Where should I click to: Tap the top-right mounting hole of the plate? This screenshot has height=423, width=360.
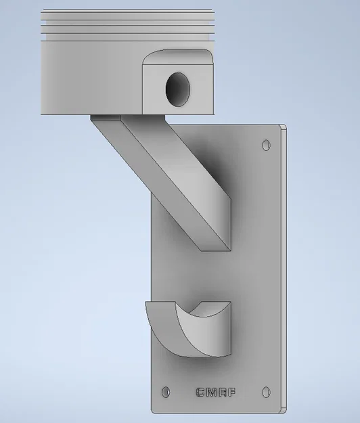coord(266,145)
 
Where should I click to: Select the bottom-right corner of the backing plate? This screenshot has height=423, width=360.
coord(283,409)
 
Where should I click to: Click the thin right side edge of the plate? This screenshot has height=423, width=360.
coord(284,271)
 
